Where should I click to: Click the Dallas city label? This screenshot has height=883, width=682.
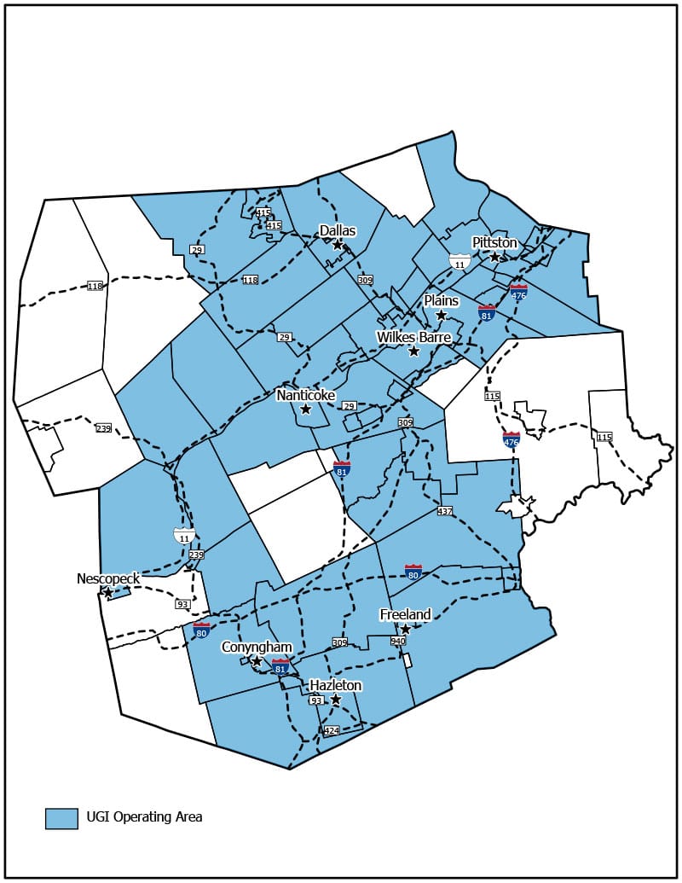(x=337, y=230)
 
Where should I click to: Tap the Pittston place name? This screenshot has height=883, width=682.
(x=494, y=242)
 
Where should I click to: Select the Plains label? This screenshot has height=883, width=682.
(x=442, y=301)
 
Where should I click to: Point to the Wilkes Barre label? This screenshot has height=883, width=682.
(x=413, y=337)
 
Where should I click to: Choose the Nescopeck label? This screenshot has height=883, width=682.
(x=107, y=578)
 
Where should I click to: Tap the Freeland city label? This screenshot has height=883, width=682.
(x=405, y=614)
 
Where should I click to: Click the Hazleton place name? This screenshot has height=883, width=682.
(x=336, y=685)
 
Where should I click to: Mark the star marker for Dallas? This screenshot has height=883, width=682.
(x=338, y=245)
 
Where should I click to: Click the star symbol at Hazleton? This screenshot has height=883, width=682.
(x=336, y=700)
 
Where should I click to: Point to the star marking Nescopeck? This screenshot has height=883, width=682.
(x=108, y=592)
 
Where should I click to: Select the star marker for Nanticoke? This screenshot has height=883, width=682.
(x=306, y=410)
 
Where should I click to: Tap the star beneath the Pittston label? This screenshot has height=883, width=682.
(x=494, y=257)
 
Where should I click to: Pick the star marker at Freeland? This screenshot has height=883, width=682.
(x=406, y=630)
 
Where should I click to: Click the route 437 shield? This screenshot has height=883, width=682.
(x=444, y=511)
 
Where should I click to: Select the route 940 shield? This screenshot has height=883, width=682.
(x=397, y=641)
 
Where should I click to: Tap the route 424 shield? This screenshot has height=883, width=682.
(x=332, y=731)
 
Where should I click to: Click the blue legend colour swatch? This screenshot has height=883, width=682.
(x=61, y=817)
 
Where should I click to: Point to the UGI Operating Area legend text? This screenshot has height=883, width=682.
(x=144, y=817)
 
